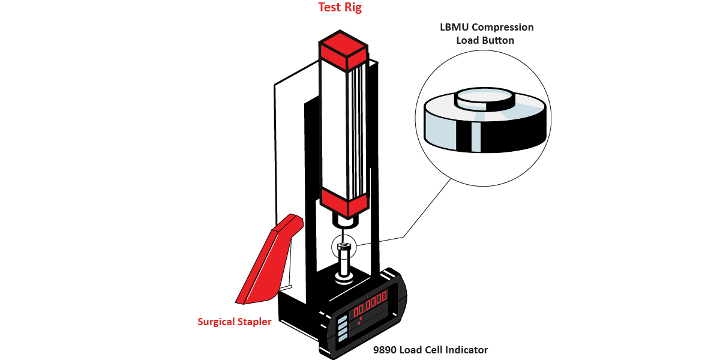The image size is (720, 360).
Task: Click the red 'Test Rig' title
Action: tap(340, 8)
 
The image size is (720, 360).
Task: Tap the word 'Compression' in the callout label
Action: tap(505, 28)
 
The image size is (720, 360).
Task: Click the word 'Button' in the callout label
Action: tap(499, 41)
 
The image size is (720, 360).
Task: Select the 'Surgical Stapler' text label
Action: tap(235, 322)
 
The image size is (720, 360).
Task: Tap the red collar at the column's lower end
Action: tap(343, 203)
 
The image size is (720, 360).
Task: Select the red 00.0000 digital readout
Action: tap(370, 304)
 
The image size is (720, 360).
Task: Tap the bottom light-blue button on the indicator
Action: tap(344, 338)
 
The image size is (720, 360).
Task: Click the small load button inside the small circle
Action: tap(343, 246)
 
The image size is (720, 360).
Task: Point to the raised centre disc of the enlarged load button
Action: tap(484, 98)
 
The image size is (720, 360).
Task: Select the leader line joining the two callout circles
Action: tap(426, 207)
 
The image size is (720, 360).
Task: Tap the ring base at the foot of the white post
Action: tap(343, 278)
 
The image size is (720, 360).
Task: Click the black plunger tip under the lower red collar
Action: tap(344, 221)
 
